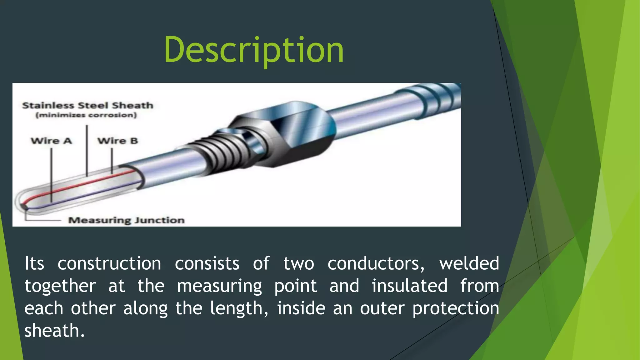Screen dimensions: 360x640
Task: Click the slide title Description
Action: [x=253, y=50]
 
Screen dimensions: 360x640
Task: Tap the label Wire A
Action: [x=51, y=141]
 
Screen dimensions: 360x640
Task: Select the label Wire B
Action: [x=117, y=141]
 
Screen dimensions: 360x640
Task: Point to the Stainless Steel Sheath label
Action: [x=87, y=105]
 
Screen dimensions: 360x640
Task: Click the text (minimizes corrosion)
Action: [x=86, y=115]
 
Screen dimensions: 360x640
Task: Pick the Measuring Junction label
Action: [x=126, y=220]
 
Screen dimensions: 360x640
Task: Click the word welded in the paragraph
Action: [x=469, y=263]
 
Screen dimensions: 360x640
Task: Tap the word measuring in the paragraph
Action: [x=219, y=286]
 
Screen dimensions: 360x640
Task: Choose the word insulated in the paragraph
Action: [x=409, y=286]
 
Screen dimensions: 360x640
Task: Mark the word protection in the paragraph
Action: [x=456, y=309]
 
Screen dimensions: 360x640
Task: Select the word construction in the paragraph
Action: [x=109, y=263]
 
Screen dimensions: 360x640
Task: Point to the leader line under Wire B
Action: [x=112, y=160]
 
